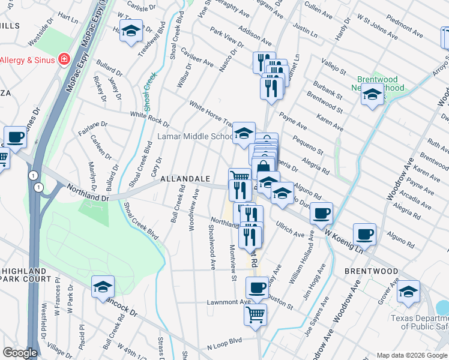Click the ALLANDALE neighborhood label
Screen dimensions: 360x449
(x=185, y=179)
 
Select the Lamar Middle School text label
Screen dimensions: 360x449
(x=195, y=136)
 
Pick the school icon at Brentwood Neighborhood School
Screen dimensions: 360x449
(x=372, y=95)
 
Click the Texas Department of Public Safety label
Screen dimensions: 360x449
(x=419, y=322)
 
